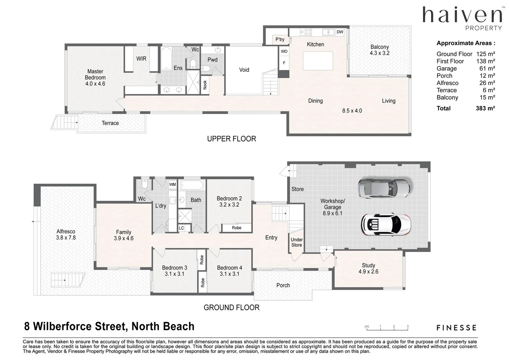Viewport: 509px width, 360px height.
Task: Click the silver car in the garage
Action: click(384, 188)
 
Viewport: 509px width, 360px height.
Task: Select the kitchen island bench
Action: click(318, 61)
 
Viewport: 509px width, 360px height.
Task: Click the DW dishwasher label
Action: click(340, 32)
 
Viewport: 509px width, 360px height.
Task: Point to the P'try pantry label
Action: click(280, 39)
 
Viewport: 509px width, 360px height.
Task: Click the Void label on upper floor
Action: click(244, 70)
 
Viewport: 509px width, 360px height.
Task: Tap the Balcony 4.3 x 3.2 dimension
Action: click(379, 53)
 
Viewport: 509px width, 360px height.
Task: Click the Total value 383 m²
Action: click(485, 108)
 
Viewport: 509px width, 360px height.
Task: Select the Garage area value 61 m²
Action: click(487, 69)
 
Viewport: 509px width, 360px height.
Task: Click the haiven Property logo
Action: click(462, 18)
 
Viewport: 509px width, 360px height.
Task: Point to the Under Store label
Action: click(296, 242)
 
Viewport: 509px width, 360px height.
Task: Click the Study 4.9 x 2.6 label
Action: click(368, 268)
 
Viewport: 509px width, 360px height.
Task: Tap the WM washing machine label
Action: click(172, 184)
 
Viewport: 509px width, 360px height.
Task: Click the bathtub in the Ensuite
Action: click(166, 59)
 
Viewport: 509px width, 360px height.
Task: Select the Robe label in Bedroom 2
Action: click(236, 228)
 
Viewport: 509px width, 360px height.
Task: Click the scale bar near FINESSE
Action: click(387, 328)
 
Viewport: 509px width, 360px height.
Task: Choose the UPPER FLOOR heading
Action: click(231, 139)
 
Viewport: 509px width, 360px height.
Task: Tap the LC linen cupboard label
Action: click(181, 228)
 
